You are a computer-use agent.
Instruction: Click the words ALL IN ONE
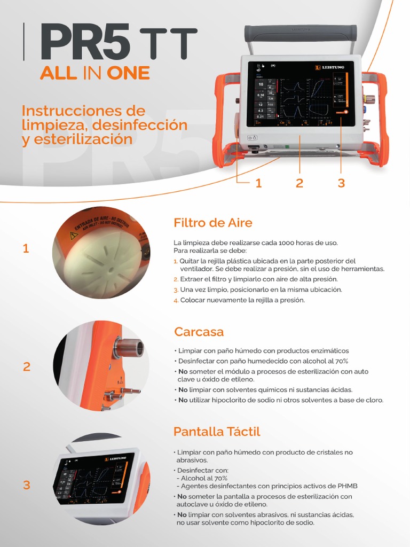(94, 73)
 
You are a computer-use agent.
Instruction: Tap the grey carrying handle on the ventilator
(301, 34)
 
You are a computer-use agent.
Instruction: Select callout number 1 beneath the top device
(258, 183)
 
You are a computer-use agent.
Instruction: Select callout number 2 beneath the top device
(299, 183)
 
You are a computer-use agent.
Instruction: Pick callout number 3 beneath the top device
(341, 183)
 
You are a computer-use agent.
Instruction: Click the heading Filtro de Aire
(212, 223)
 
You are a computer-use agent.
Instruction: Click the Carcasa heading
(199, 332)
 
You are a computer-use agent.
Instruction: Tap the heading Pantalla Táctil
(217, 431)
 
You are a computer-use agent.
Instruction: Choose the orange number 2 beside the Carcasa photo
(27, 367)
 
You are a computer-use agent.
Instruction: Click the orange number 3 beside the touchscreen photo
(27, 486)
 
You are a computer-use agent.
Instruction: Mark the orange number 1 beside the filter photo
(26, 248)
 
